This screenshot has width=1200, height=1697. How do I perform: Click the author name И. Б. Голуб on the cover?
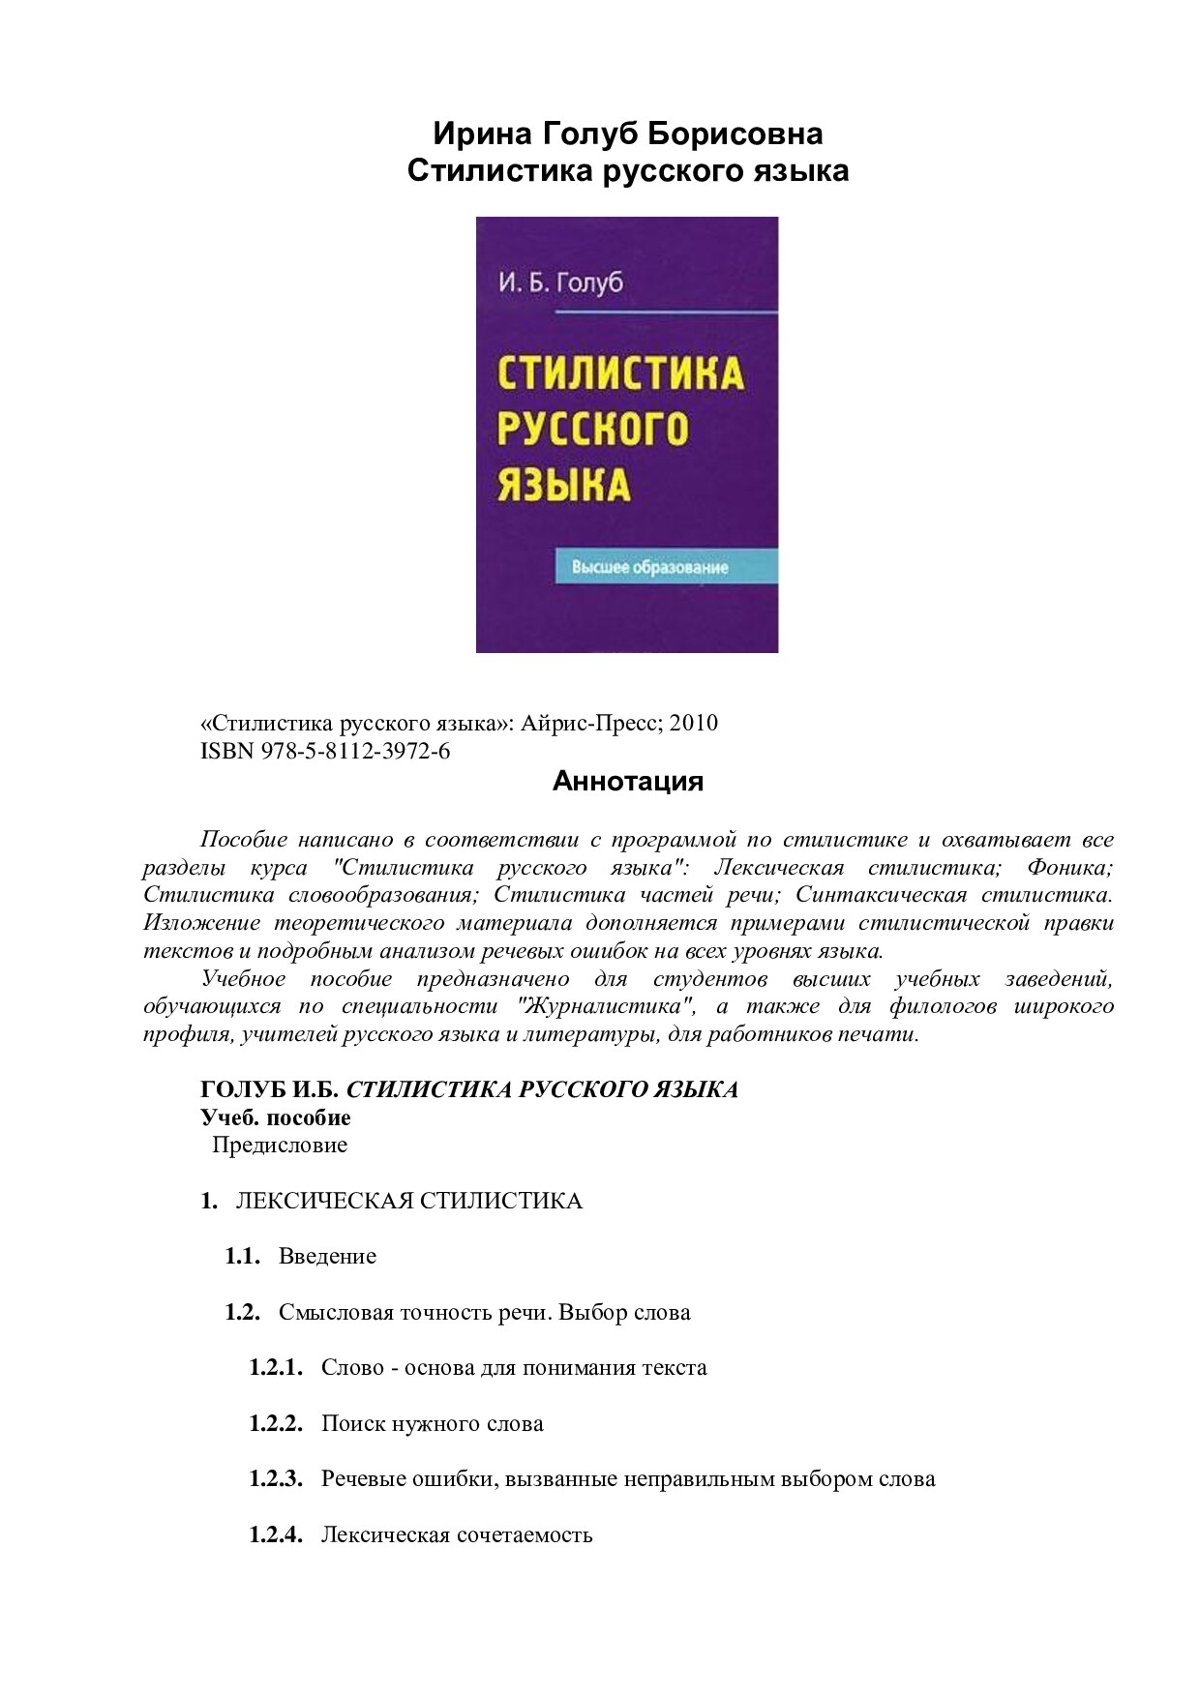(560, 283)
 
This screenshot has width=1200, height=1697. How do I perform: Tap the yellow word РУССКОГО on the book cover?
(592, 429)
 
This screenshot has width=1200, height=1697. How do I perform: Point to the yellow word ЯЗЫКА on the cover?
(563, 484)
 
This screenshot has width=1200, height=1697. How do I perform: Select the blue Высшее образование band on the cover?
(666, 567)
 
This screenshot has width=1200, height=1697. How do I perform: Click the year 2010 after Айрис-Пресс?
(694, 723)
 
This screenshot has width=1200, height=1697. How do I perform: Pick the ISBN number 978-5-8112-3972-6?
(355, 751)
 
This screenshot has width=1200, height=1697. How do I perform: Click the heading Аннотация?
(627, 781)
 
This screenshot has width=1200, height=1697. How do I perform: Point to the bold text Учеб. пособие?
(276, 1117)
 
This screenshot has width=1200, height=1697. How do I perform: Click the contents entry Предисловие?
(280, 1145)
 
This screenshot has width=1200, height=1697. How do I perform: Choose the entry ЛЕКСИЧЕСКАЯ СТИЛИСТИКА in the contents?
(408, 1201)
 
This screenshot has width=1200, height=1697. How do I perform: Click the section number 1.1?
(242, 1256)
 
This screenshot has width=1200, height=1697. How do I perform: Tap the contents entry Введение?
(327, 1256)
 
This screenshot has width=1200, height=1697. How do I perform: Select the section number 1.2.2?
(276, 1423)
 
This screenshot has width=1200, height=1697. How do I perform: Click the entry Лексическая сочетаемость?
(457, 1534)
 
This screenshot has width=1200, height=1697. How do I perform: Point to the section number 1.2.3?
(276, 1478)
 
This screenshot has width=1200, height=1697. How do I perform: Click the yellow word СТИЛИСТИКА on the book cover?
(620, 373)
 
